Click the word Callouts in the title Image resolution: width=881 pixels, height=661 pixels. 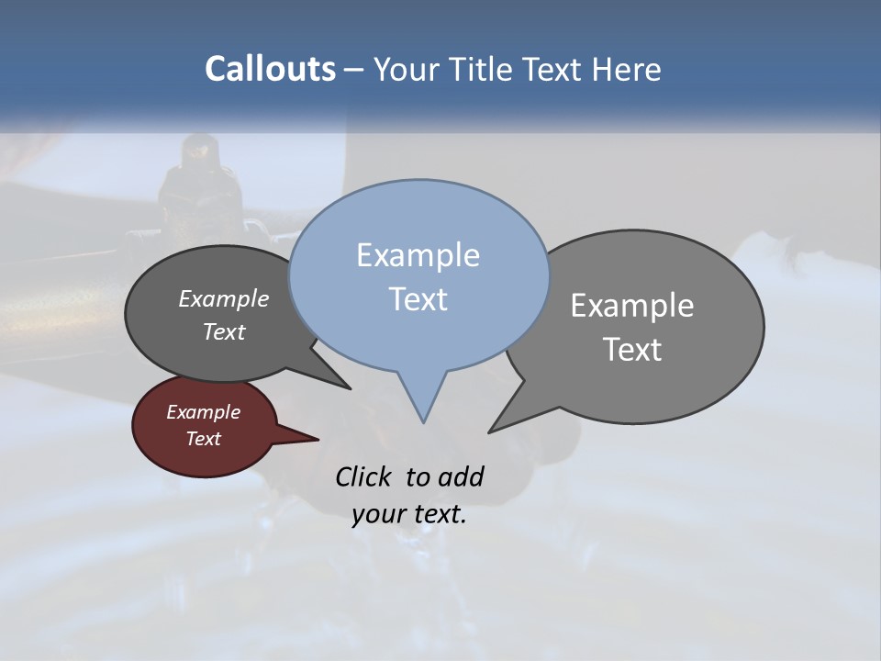pos(270,69)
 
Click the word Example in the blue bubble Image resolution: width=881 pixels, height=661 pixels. pos(418,255)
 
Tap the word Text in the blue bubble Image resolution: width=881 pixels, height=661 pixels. pos(418,299)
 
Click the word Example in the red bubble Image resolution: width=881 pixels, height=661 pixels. pos(203,412)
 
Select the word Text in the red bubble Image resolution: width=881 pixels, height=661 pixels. pos(203,439)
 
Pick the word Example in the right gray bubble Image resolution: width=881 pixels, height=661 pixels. pos(632,305)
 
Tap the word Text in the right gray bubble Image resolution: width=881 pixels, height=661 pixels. pos(632,349)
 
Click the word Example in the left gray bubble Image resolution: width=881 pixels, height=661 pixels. pos(224,298)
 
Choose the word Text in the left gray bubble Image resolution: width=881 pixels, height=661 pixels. pos(224,331)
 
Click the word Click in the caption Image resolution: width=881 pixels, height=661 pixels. pos(363,476)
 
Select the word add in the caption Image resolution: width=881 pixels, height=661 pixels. pos(461,476)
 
